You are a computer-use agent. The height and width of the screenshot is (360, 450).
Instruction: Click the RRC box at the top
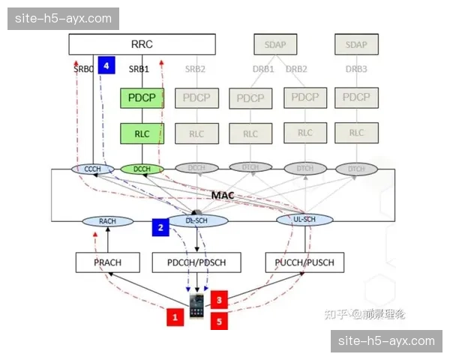click(142, 44)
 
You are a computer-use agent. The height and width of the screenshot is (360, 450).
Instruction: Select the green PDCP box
click(142, 98)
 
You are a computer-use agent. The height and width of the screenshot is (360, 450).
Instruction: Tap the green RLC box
click(142, 134)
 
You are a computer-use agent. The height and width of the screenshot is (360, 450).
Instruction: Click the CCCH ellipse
click(92, 169)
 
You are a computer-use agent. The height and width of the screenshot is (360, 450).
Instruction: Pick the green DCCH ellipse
click(142, 169)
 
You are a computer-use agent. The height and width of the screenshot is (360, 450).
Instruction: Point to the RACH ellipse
click(106, 221)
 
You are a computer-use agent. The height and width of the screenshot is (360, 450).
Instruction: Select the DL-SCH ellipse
click(196, 220)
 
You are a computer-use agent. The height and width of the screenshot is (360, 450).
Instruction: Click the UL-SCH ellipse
click(304, 220)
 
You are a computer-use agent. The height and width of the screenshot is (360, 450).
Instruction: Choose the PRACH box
click(108, 262)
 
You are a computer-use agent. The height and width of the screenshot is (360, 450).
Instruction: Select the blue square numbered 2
click(160, 226)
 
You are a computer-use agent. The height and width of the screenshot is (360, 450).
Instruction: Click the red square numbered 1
click(175, 317)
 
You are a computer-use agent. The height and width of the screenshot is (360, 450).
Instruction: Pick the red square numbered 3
click(219, 299)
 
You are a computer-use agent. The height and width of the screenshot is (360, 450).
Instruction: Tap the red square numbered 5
click(219, 321)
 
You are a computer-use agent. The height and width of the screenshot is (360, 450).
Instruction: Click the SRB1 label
click(139, 69)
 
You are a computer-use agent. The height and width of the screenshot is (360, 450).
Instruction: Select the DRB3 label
click(356, 69)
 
